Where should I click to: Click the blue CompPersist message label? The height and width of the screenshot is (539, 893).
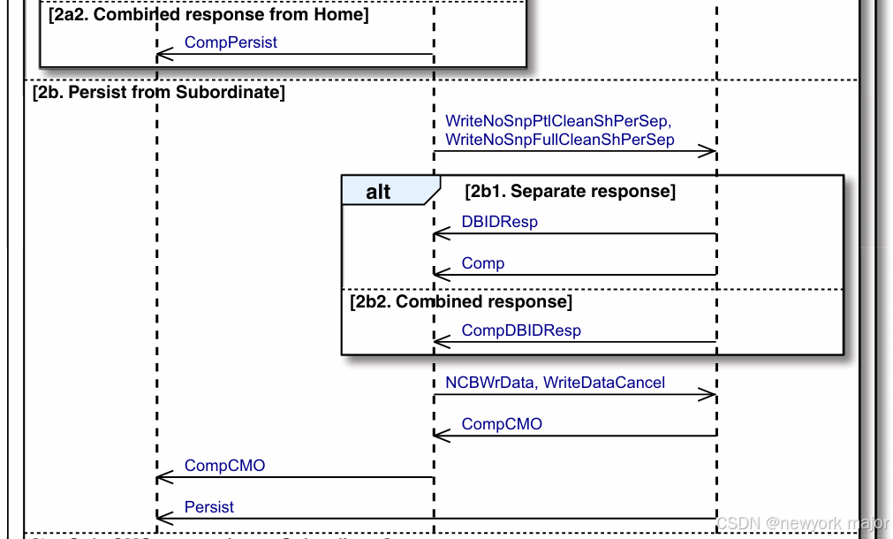click(231, 42)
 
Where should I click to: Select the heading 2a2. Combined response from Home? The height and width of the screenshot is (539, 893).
click(208, 15)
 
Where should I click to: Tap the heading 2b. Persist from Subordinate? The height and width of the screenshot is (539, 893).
click(158, 92)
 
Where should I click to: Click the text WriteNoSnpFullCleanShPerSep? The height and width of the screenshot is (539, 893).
click(559, 140)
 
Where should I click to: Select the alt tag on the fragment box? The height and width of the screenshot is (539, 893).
click(379, 192)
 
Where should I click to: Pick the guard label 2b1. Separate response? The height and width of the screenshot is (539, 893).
click(570, 191)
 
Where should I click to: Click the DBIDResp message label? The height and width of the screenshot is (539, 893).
click(499, 222)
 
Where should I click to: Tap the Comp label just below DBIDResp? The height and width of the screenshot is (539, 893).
click(483, 263)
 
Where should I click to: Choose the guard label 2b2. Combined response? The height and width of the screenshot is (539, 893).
click(461, 302)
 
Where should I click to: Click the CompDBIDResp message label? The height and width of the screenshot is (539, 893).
click(521, 330)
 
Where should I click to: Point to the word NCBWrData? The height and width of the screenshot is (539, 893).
click(490, 383)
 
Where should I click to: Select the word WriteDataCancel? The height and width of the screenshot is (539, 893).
click(604, 383)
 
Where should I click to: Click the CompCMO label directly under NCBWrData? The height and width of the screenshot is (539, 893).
click(502, 424)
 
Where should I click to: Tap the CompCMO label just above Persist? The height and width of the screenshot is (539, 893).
click(224, 466)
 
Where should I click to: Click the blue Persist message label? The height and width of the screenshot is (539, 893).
click(209, 507)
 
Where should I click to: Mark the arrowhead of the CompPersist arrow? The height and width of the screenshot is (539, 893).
click(162, 56)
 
